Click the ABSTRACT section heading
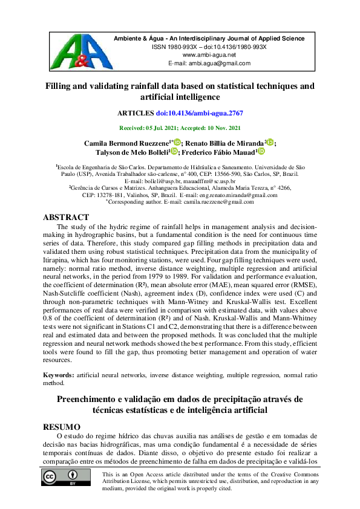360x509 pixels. coord(67,216)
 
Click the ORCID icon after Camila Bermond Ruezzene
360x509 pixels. coord(177,142)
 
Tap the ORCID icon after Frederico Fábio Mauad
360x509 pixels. coord(261,152)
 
